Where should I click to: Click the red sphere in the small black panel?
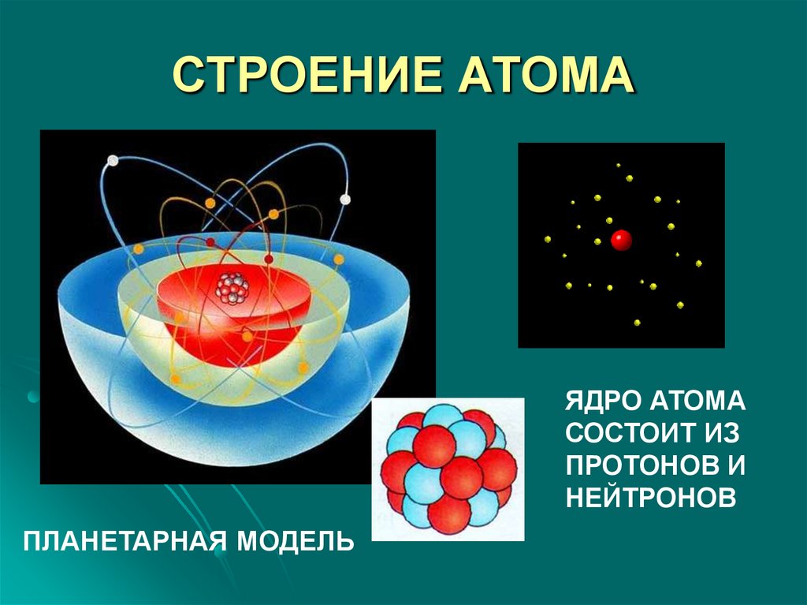622,240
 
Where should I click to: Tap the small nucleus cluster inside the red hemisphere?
232,289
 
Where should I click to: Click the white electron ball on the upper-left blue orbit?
113,161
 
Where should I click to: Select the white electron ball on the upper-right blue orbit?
344,199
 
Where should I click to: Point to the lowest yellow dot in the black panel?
637,322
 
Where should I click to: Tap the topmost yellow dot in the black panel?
619,166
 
